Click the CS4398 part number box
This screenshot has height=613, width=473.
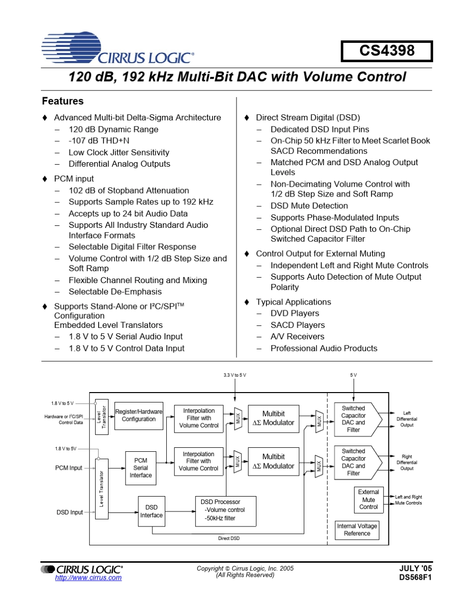point(387,51)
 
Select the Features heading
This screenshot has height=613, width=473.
point(63,101)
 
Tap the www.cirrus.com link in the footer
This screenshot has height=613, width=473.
point(88,578)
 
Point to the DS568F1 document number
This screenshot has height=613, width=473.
point(415,578)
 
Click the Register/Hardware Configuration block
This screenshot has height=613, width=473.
point(139,415)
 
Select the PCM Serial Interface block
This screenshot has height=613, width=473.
point(141,468)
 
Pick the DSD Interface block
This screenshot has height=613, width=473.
point(151,511)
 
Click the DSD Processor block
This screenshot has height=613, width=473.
point(226,511)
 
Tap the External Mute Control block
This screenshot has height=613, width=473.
point(368,500)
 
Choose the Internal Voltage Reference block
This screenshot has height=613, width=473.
point(357,530)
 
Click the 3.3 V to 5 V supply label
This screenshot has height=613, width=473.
point(235,375)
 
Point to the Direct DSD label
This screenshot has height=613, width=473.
point(229,538)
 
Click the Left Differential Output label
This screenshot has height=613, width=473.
point(407,419)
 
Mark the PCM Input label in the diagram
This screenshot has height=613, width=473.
point(69,468)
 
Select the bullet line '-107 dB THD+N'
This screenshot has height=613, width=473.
point(99,141)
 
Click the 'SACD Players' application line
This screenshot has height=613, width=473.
point(297,325)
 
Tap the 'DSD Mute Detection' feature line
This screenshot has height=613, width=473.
point(309,205)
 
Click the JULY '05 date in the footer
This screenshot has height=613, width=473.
point(416,568)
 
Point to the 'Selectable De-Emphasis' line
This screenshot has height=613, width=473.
point(115,292)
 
